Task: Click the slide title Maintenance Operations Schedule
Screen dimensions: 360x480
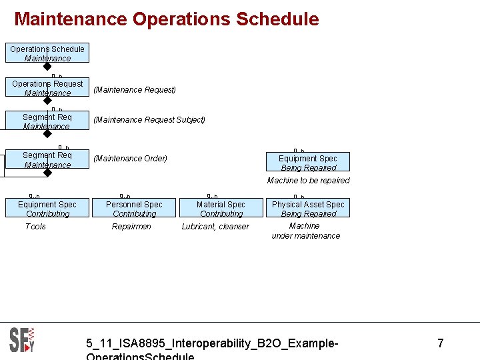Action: click(x=167, y=19)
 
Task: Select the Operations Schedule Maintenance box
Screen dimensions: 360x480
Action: click(x=47, y=53)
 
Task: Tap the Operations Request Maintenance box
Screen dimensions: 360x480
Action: click(x=47, y=88)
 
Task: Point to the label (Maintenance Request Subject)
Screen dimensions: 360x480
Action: click(x=149, y=120)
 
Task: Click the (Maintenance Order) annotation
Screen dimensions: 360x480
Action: click(x=131, y=159)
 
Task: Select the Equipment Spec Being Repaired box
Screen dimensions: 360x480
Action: click(x=308, y=163)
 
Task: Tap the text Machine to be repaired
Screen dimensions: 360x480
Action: click(x=308, y=181)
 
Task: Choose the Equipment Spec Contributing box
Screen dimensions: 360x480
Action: click(x=47, y=209)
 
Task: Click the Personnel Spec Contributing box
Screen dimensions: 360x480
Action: click(x=134, y=209)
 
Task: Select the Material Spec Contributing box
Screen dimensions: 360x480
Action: click(x=221, y=209)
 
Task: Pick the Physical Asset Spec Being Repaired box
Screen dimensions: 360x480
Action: click(x=308, y=209)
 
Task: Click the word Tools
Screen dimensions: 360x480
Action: click(x=35, y=227)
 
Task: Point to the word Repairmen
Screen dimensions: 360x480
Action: click(x=131, y=227)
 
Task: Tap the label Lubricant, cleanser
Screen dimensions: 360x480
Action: click(x=215, y=227)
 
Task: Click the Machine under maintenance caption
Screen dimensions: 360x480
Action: click(x=305, y=231)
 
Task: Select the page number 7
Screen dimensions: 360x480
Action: click(x=440, y=343)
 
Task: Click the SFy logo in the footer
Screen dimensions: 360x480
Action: click(x=22, y=340)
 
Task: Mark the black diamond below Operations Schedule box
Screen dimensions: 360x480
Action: click(x=47, y=67)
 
